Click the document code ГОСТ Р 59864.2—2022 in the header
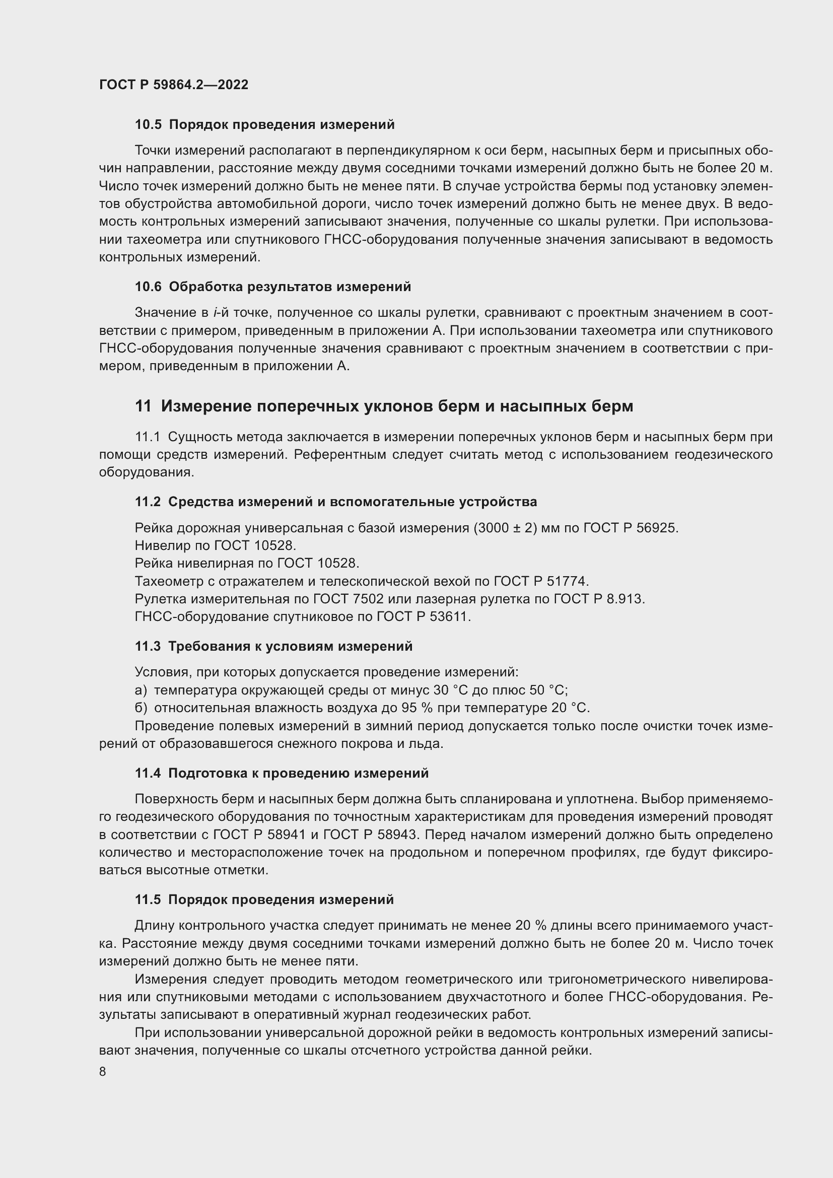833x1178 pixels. [173, 85]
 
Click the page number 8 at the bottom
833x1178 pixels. [103, 1071]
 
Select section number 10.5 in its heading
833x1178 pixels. [148, 125]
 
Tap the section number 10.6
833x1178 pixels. [148, 287]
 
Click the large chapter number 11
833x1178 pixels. [143, 406]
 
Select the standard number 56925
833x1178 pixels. [659, 528]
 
